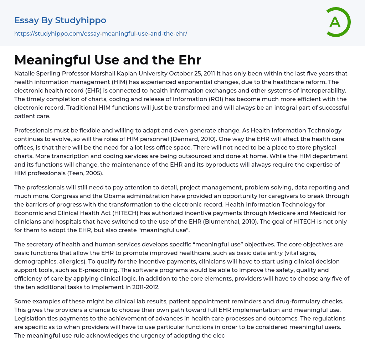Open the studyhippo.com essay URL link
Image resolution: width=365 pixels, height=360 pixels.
click(101, 33)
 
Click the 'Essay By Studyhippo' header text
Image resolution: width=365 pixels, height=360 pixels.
click(60, 20)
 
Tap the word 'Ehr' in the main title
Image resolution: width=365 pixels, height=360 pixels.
click(190, 60)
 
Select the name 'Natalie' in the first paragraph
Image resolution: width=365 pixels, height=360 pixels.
click(25, 74)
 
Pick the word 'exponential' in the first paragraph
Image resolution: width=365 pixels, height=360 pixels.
click(180, 82)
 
